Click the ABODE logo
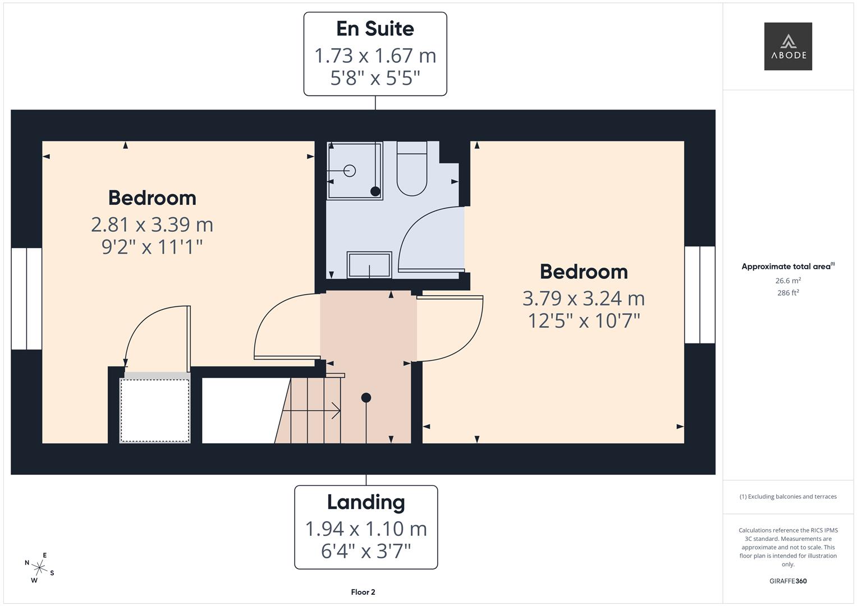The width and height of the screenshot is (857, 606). pos(787,46)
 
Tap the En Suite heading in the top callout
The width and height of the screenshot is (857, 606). pos(375,29)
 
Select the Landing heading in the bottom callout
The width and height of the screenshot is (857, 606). pos(366,502)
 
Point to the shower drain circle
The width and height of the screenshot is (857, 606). pos(350,171)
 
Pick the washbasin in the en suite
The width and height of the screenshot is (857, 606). pos(369,265)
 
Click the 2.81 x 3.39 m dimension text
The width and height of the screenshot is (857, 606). pos(152,224)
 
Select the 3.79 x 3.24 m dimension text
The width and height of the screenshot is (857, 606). pos(584,299)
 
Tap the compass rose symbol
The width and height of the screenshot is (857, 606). pos(39,568)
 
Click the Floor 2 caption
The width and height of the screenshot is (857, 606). pos(363,592)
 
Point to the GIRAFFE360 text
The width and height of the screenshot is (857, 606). pos(787,581)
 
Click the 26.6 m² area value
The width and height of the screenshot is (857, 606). pos(787,281)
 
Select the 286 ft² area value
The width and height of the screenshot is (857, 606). pos(787,293)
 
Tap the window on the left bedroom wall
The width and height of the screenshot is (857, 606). pos(26,298)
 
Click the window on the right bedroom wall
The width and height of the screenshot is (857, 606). pos(699,295)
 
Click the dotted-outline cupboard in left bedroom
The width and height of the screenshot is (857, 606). pos(155,411)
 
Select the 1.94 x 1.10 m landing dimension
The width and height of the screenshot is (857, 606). pos(366,529)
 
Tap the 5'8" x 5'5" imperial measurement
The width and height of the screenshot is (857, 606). pos(375,78)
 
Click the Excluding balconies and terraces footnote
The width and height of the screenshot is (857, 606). pos(787,497)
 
